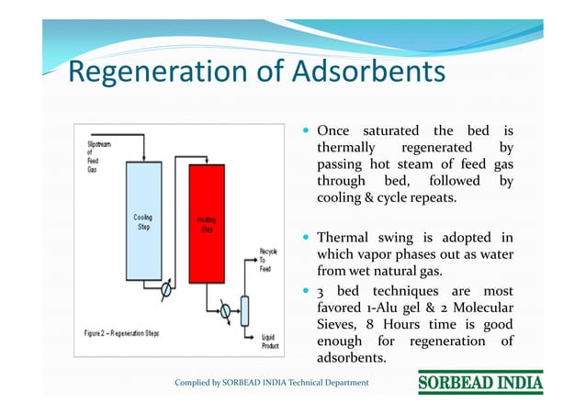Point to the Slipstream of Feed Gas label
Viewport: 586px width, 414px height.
pyautogui.click(x=97, y=157)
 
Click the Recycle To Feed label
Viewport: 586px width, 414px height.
pyautogui.click(x=268, y=259)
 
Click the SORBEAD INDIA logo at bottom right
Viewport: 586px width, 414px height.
pyautogui.click(x=480, y=382)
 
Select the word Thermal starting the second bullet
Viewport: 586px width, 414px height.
pyautogui.click(x=346, y=238)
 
